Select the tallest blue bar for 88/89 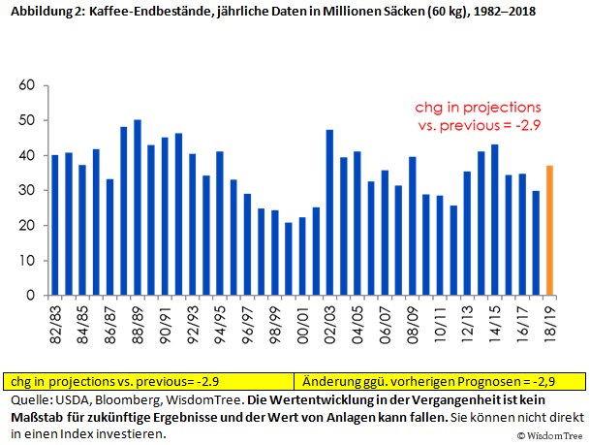click(138, 207)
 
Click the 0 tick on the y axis click(31, 296)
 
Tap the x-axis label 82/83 click(55, 321)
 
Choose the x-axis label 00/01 click(302, 321)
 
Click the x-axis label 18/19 click(550, 321)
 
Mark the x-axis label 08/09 click(413, 321)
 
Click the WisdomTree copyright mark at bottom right click(553, 436)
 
